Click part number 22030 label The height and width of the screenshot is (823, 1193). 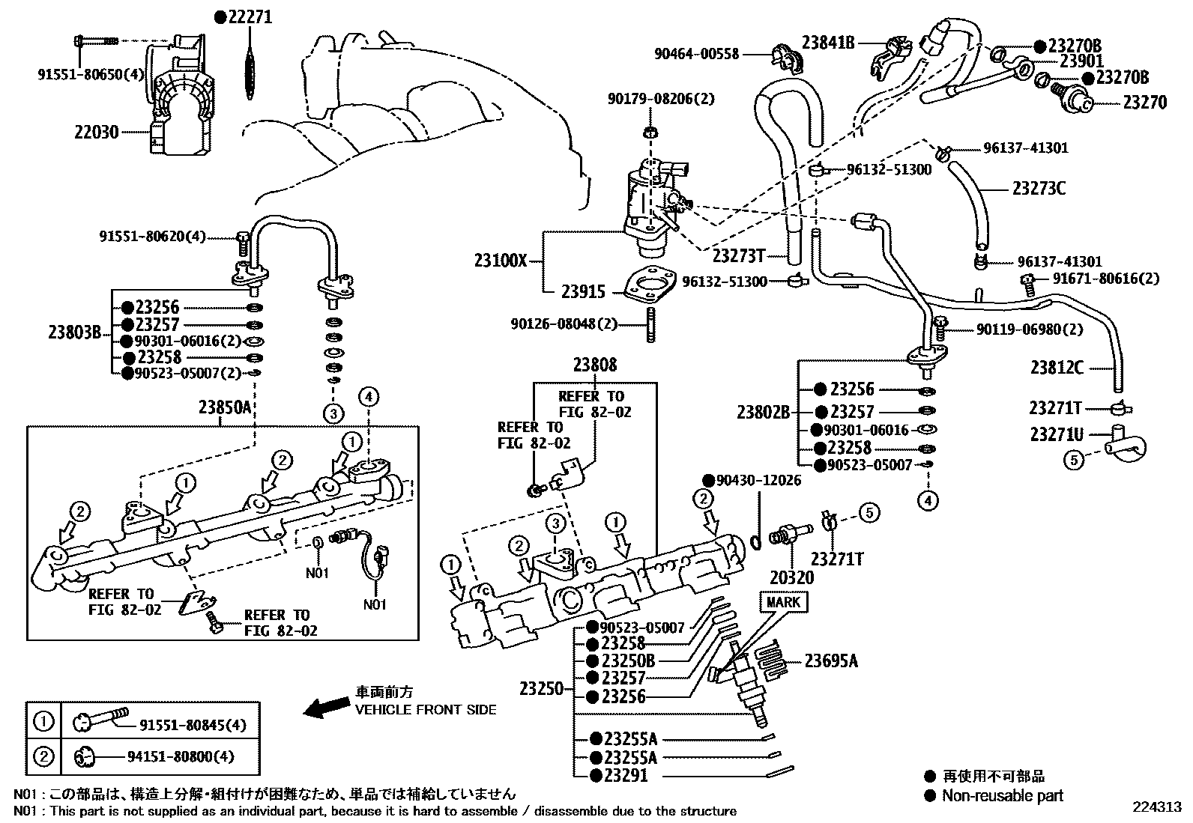click(x=96, y=133)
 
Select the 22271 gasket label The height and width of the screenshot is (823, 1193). click(x=248, y=16)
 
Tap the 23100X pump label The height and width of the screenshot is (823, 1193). click(x=501, y=261)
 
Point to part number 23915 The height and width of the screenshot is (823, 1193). click(x=585, y=292)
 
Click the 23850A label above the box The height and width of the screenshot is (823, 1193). click(x=224, y=407)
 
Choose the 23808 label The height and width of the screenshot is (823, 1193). click(x=595, y=365)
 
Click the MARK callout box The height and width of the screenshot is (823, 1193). click(x=783, y=601)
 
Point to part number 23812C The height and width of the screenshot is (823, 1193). click(x=1057, y=367)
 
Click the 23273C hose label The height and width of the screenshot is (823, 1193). click(x=1039, y=188)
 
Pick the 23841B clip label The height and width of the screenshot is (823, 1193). click(x=828, y=43)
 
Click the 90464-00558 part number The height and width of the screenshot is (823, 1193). click(x=696, y=54)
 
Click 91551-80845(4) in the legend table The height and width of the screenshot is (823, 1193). click(x=193, y=725)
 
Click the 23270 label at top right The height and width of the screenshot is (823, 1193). click(x=1144, y=102)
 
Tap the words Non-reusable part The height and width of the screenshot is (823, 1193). click(x=1002, y=795)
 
